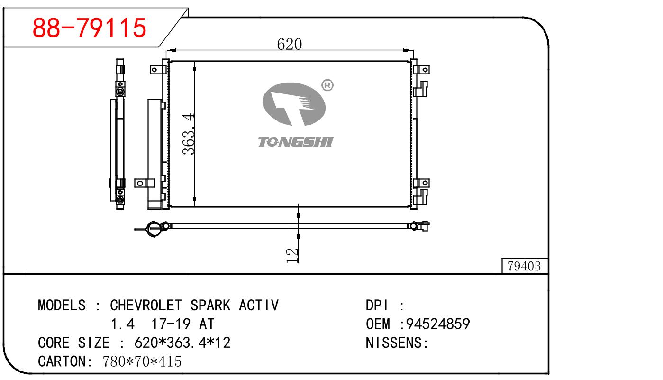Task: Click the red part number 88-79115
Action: (89, 28)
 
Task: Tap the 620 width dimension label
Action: (289, 44)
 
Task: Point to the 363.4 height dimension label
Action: (190, 134)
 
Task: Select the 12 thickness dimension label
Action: (292, 255)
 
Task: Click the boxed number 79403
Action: (524, 267)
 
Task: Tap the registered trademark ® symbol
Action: (327, 85)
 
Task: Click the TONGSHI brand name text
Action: (295, 142)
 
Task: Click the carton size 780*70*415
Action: (142, 361)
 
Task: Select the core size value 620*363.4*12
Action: (182, 343)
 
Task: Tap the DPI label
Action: (377, 305)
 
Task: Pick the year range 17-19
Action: (171, 324)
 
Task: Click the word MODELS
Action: (62, 305)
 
